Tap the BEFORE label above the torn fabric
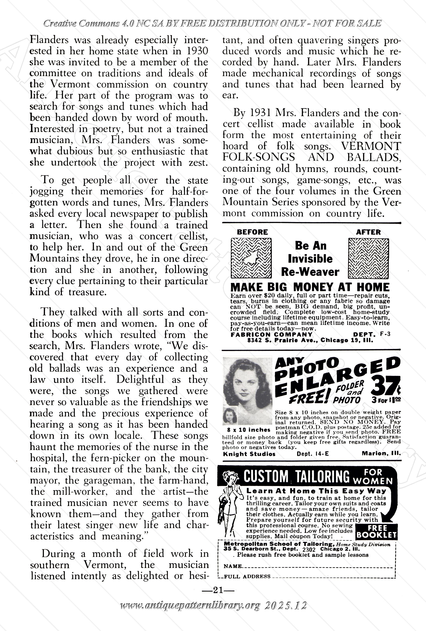pos(252,232)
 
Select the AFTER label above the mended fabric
pos(368,232)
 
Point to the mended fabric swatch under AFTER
pos(368,259)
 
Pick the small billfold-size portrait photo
pos(230,416)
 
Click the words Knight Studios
pos(249,454)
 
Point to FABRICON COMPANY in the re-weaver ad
pos(271,335)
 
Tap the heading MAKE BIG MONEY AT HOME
pos(310,287)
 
